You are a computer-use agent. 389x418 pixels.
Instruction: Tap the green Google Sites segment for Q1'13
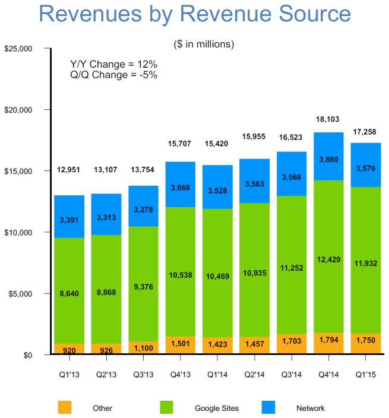[69, 291]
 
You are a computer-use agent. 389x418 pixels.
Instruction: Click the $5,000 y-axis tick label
[22, 293]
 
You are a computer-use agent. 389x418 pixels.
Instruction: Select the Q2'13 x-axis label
[107, 374]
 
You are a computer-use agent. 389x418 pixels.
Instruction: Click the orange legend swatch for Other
[64, 407]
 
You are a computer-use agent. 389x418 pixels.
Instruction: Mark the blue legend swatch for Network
[270, 407]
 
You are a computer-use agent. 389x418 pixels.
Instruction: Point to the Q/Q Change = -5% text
[113, 75]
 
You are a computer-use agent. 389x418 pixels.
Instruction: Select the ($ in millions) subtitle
[204, 44]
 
